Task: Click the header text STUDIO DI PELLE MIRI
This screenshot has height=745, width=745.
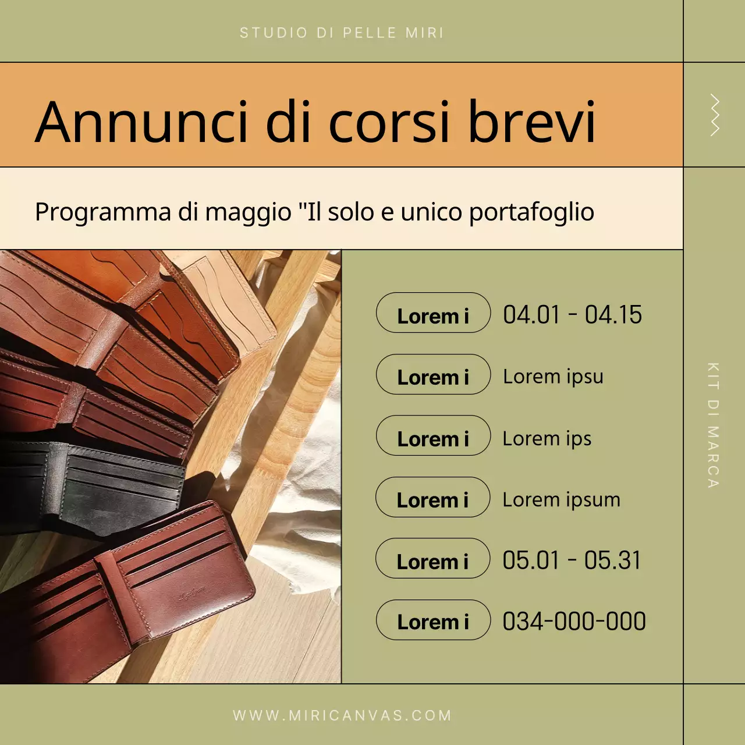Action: click(342, 33)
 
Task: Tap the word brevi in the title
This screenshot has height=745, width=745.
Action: click(532, 122)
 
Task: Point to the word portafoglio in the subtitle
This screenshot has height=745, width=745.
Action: click(531, 212)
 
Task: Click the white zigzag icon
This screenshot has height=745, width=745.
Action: click(715, 115)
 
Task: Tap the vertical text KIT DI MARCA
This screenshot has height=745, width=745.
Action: click(713, 425)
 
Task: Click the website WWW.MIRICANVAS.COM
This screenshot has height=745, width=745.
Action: click(342, 715)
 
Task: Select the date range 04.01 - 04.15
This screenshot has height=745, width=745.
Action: click(572, 315)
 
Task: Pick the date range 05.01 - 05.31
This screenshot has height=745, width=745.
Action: click(572, 560)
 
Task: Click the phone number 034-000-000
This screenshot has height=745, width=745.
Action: click(574, 622)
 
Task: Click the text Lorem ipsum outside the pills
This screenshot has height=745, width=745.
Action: click(561, 499)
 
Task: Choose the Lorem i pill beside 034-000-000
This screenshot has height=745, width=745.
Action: click(433, 620)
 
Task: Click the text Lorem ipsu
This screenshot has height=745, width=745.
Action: click(553, 377)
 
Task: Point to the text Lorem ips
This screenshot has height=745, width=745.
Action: click(547, 438)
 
